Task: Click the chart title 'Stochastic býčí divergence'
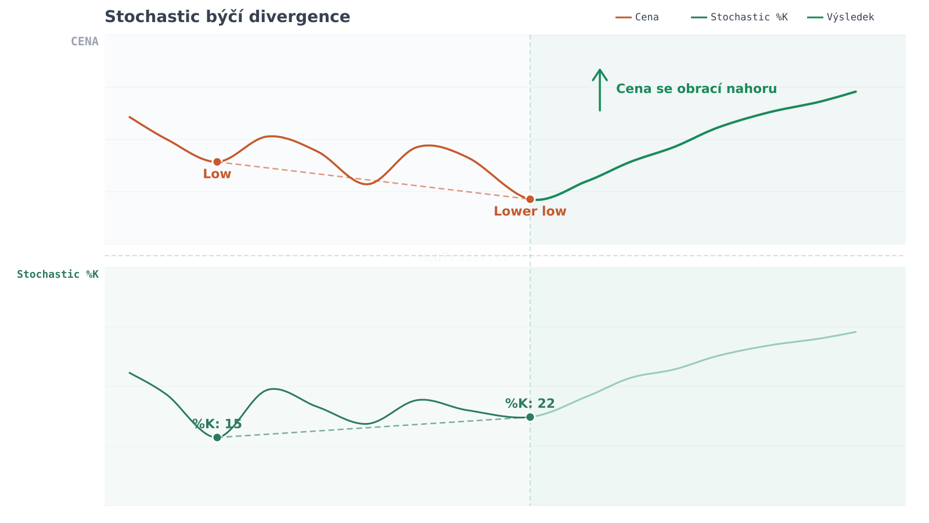(x=227, y=17)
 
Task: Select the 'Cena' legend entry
(x=646, y=17)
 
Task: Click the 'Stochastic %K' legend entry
(x=748, y=17)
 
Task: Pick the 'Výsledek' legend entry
(x=850, y=17)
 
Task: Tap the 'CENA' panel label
(x=85, y=41)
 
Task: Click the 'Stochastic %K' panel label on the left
(x=57, y=274)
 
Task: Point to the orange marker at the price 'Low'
(x=217, y=162)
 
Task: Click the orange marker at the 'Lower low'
(x=530, y=199)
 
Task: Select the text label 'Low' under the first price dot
(x=217, y=174)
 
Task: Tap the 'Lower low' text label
(x=530, y=212)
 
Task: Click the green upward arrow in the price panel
(x=600, y=89)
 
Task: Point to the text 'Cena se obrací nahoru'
(x=696, y=89)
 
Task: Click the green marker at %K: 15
(x=217, y=438)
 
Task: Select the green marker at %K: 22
(x=530, y=417)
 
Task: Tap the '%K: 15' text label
(x=217, y=424)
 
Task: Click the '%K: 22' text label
(x=530, y=404)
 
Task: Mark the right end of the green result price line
(x=856, y=92)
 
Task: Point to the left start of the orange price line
(x=129, y=117)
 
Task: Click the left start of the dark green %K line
(x=129, y=373)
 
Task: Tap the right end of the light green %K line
(x=856, y=332)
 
